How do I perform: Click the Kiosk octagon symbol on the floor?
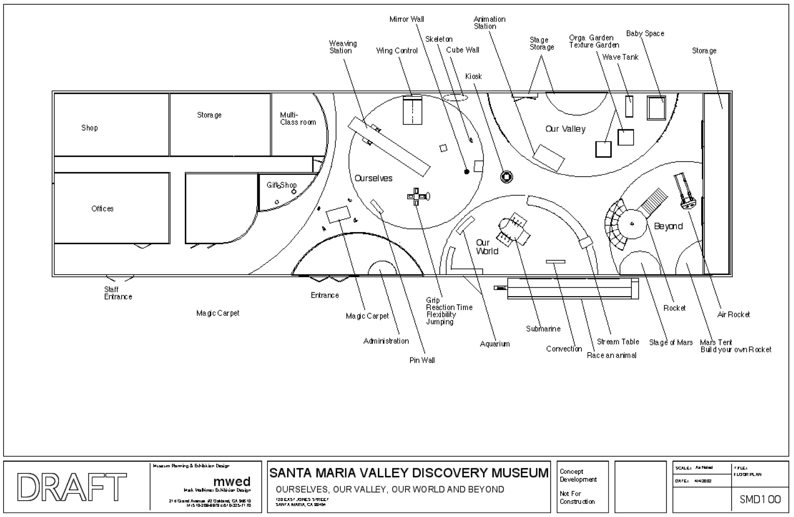506,177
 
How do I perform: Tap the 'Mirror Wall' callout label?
406,19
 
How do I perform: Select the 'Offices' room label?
102,209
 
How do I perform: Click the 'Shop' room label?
90,128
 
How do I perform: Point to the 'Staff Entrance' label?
118,293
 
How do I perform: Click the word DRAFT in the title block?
72,486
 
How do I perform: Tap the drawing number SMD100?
760,500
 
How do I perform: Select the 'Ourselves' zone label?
373,178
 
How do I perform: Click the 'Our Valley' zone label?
565,129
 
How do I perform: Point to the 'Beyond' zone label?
668,226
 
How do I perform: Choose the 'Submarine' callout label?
543,329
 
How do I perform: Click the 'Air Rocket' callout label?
733,315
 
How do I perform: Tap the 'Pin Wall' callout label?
422,360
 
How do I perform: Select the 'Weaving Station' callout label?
342,47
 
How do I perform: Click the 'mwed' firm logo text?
232,481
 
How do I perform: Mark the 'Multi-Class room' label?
298,119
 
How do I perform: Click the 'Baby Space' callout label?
645,33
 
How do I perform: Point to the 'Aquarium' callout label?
495,344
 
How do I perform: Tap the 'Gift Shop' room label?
281,185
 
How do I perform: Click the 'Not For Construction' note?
577,497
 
